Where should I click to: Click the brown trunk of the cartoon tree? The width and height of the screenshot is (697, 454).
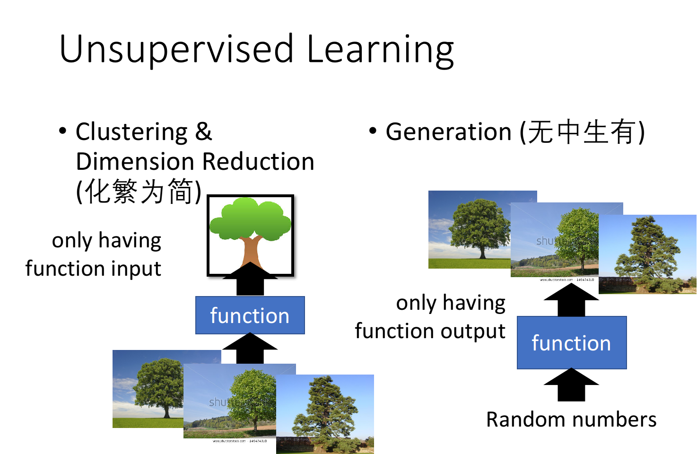click(250, 253)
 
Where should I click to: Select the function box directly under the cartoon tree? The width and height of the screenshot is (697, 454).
click(250, 315)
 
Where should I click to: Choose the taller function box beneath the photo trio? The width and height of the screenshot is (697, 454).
click(572, 342)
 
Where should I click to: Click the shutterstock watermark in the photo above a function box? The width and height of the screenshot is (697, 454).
click(549, 241)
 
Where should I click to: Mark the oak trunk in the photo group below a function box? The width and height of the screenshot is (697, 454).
click(166, 412)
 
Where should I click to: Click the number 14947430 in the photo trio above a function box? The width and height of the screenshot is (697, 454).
click(585, 280)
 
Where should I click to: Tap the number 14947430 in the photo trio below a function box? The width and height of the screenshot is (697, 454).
click(258, 441)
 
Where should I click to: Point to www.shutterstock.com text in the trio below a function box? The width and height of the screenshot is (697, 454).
click(229, 441)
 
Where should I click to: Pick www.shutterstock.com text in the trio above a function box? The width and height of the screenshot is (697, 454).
click(556, 280)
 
